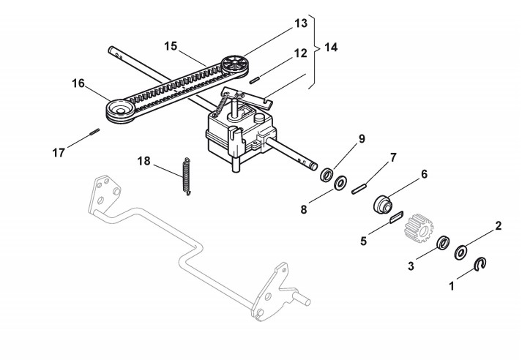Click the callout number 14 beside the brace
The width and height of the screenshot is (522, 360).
[331, 48]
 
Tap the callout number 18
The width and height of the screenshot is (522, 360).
[143, 162]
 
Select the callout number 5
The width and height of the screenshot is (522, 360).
[364, 241]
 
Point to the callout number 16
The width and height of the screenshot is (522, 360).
[78, 83]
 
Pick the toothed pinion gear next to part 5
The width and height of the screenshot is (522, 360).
[419, 228]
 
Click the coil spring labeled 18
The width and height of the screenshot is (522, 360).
[187, 176]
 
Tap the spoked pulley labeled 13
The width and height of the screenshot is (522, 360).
[235, 65]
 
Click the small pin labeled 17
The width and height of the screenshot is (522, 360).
[94, 132]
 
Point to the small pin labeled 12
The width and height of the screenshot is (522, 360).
[255, 80]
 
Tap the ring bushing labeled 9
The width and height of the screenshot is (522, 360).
[327, 175]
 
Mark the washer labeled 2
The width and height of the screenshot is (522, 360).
[461, 252]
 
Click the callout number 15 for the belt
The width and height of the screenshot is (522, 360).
[171, 46]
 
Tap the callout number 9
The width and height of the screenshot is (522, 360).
[362, 139]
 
